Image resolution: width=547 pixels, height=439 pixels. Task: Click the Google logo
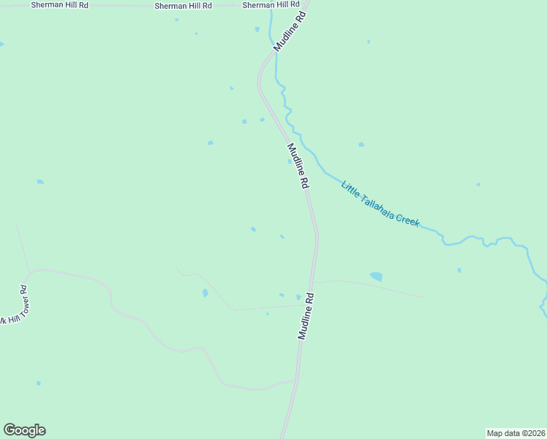click(x=24, y=430)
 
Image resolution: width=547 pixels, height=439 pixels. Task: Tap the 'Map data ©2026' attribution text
click(x=516, y=433)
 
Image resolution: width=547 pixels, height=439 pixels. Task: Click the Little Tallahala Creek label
click(x=380, y=203)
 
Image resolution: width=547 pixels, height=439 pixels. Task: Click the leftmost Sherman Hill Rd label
click(x=59, y=5)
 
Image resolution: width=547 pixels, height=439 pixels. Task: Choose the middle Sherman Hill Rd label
click(x=183, y=5)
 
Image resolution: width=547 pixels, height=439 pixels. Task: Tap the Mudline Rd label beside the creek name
click(x=297, y=166)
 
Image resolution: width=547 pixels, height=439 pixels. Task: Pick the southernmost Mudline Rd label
click(x=306, y=316)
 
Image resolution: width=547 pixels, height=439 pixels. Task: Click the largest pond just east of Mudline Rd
click(x=376, y=277)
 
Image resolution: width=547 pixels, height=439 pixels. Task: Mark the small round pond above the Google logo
click(x=39, y=383)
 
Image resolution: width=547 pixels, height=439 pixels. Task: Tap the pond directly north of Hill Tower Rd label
click(x=40, y=181)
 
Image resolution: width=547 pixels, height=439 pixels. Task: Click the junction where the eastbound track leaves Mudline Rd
click(x=313, y=282)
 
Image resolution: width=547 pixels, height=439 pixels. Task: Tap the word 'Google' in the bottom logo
click(x=24, y=430)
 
